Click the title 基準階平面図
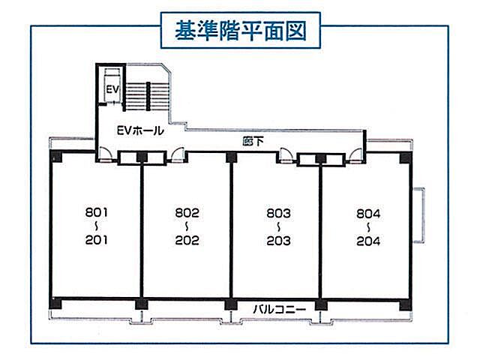[241, 31]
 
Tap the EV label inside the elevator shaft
[112, 89]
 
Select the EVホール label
[140, 130]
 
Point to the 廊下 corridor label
[253, 142]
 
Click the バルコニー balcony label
[279, 309]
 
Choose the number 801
[97, 212]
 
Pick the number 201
[97, 240]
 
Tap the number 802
[187, 213]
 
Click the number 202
[187, 240]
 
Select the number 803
[278, 213]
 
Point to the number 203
[278, 241]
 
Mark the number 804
[368, 213]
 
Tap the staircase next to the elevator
[148, 96]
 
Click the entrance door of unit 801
[104, 154]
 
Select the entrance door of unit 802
[178, 154]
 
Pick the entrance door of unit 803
[285, 155]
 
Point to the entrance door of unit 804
[355, 155]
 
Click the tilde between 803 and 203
[278, 226]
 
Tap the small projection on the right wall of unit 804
[418, 215]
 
